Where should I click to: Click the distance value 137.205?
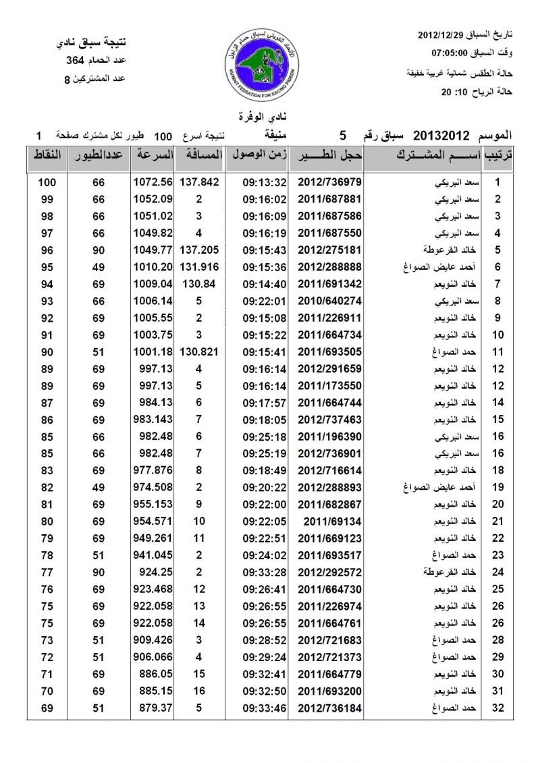point(202,250)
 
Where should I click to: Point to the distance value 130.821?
point(202,351)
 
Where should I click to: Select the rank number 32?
point(497,706)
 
